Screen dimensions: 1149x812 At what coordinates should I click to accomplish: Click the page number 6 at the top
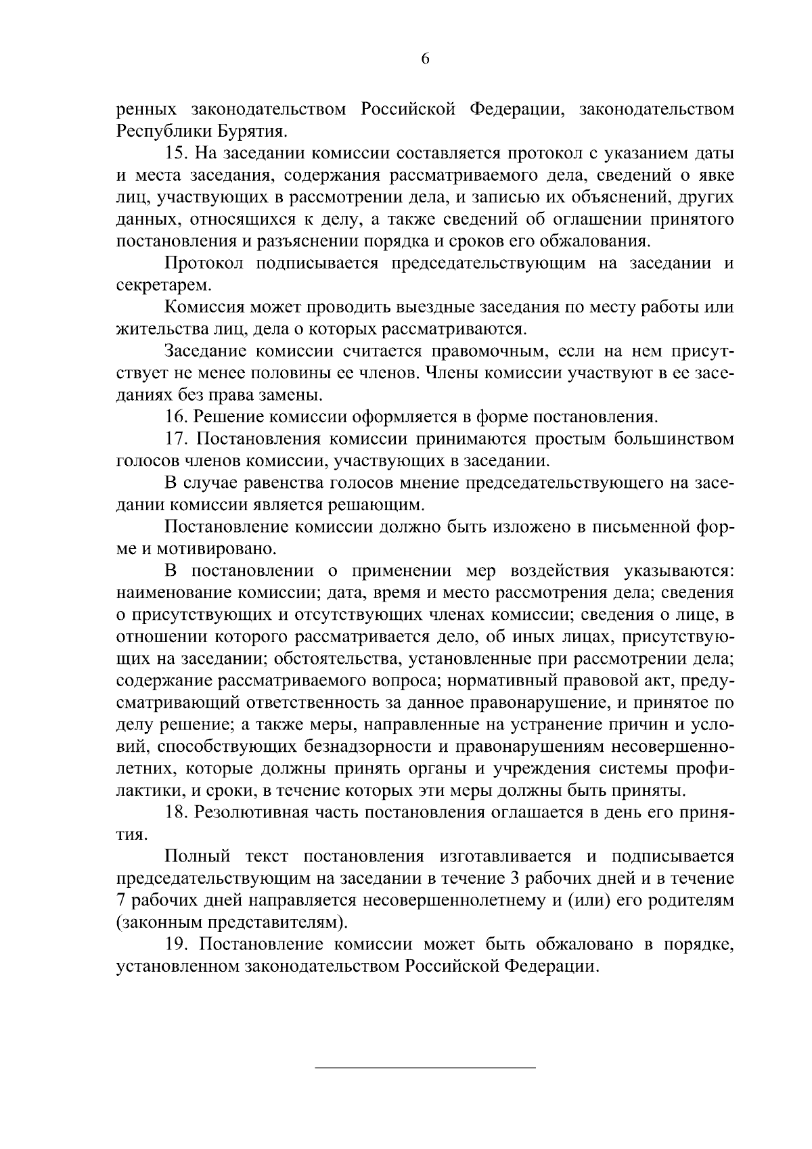point(425,59)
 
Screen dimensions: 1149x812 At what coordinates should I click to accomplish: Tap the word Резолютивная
point(257,813)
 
